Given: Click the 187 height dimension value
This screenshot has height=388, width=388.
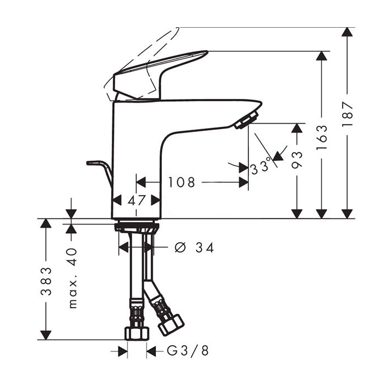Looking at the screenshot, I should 348,115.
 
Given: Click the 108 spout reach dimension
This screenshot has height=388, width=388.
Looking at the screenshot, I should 182,182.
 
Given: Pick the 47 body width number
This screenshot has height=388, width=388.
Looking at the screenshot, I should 136,201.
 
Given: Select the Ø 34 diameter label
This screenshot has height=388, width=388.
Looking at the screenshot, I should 193,248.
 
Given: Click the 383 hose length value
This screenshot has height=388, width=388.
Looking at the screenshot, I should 46,281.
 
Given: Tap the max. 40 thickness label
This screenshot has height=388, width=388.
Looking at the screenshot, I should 72,277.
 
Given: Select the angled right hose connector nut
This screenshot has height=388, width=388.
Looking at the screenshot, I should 171,324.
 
